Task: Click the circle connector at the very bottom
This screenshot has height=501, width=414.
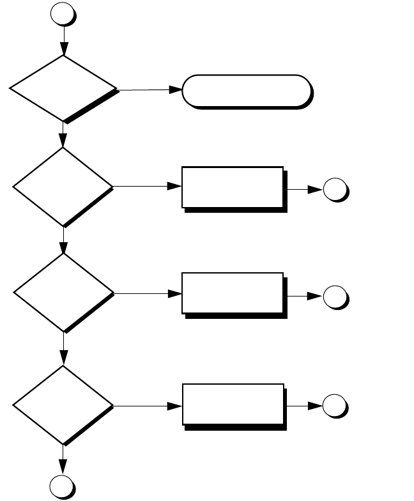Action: pyautogui.click(x=64, y=487)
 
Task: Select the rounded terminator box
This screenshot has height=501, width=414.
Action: pyautogui.click(x=247, y=91)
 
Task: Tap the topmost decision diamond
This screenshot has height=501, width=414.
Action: pyautogui.click(x=64, y=88)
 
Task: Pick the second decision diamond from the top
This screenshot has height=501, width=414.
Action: pyautogui.click(x=64, y=187)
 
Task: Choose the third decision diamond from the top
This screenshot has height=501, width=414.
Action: pyautogui.click(x=64, y=293)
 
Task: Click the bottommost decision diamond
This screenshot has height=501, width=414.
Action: pyautogui.click(x=64, y=405)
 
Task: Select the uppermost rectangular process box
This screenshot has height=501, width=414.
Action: pyautogui.click(x=233, y=187)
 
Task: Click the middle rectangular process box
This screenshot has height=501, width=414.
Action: pyautogui.click(x=233, y=293)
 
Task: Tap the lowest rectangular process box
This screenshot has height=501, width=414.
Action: pyautogui.click(x=233, y=404)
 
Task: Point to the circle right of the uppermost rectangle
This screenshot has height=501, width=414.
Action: pyautogui.click(x=335, y=190)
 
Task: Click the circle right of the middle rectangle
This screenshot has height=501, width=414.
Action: pyautogui.click(x=335, y=297)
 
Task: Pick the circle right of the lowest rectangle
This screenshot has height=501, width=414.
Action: pyautogui.click(x=335, y=406)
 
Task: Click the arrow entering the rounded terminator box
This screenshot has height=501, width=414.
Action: pyautogui.click(x=150, y=91)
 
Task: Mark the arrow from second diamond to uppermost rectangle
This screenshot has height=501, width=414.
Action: pyautogui.click(x=147, y=187)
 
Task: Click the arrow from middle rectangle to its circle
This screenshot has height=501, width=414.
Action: pyautogui.click(x=305, y=297)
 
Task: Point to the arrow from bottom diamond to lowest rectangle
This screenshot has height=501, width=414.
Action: pyautogui.click(x=147, y=405)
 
